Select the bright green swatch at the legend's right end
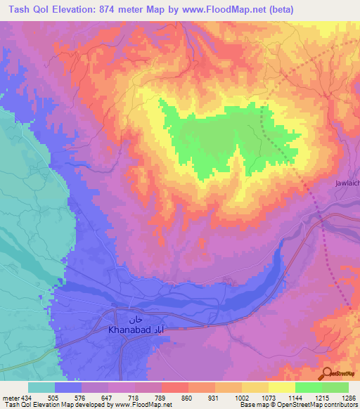(x=335, y=387)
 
